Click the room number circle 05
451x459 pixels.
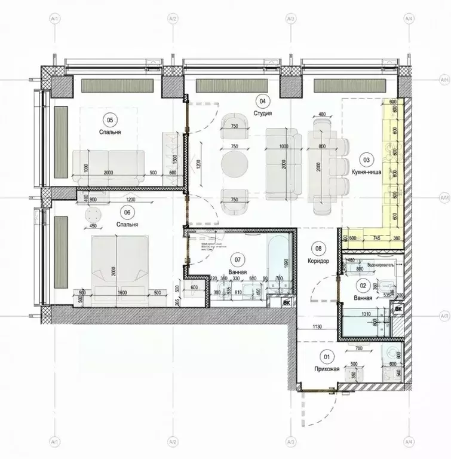pyautogui.click(x=108, y=118)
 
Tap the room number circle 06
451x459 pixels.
pyautogui.click(x=126, y=212)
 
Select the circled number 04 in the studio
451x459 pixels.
pyautogui.click(x=261, y=101)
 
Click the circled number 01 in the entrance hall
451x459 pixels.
pyautogui.click(x=326, y=358)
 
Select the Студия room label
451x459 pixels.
pyautogui.click(x=263, y=113)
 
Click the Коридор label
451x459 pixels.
pyautogui.click(x=318, y=261)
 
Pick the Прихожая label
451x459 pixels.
pyautogui.click(x=327, y=369)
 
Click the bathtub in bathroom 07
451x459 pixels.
pyautogui.click(x=278, y=262)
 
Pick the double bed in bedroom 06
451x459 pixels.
pyautogui.click(x=117, y=261)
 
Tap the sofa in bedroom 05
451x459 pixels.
pyautogui.click(x=108, y=161)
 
